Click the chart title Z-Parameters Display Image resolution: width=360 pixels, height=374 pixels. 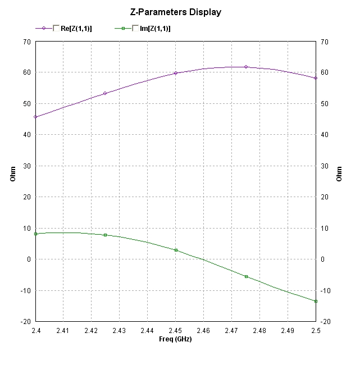point(176,12)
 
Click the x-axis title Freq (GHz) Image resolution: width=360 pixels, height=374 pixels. point(175,339)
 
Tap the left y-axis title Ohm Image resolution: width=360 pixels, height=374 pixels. point(13,175)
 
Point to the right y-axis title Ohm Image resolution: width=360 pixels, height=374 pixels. point(339,175)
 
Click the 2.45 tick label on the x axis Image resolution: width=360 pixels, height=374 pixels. point(175,331)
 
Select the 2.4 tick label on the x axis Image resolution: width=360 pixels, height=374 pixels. point(35,331)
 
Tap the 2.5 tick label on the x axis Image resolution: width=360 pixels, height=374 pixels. point(316,331)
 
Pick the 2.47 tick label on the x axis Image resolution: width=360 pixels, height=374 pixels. point(231,331)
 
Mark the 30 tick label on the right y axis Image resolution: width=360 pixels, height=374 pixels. point(324,166)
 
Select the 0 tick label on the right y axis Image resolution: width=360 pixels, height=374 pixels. point(322,259)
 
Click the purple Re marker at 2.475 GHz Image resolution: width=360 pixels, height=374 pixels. point(246,67)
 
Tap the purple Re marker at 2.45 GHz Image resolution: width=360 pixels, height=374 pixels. point(176,73)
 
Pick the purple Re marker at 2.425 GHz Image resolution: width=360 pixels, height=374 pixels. point(106,93)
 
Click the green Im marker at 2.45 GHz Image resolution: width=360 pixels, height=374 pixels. point(176,250)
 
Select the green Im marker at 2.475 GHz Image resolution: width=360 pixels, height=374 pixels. point(246,276)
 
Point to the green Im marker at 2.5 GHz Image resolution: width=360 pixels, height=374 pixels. point(316,301)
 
